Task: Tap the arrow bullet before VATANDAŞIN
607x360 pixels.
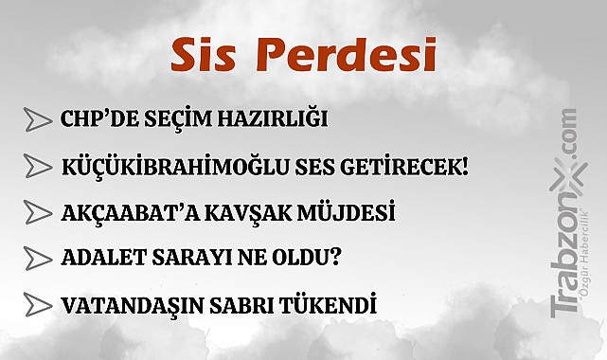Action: point(37,305)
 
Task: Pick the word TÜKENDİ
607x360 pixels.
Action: point(332,306)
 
